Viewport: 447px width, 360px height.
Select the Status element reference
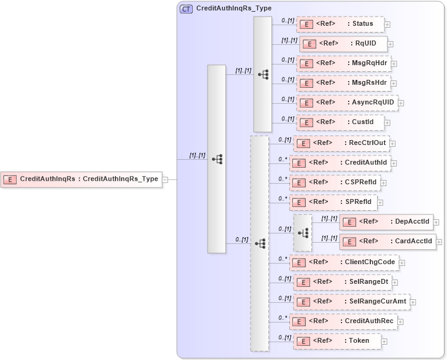pyautogui.click(x=340, y=24)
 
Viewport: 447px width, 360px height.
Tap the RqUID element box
pyautogui.click(x=343, y=44)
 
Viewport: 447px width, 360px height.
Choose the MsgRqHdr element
pyautogui.click(x=343, y=63)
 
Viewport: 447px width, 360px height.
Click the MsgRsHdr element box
pyautogui.click(x=343, y=83)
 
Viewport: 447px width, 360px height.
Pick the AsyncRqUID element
pyautogui.click(x=346, y=103)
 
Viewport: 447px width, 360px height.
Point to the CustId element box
pyautogui.click(x=340, y=122)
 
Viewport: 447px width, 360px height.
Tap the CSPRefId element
pyautogui.click(x=334, y=182)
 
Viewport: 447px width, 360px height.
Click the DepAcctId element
pyautogui.click(x=386, y=222)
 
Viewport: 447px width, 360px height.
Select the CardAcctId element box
pyautogui.click(x=387, y=241)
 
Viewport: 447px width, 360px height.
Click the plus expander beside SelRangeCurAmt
pyautogui.click(x=413, y=302)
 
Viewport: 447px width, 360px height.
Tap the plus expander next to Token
pyautogui.click(x=384, y=341)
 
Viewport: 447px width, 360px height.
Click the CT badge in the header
pyautogui.click(x=185, y=9)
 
